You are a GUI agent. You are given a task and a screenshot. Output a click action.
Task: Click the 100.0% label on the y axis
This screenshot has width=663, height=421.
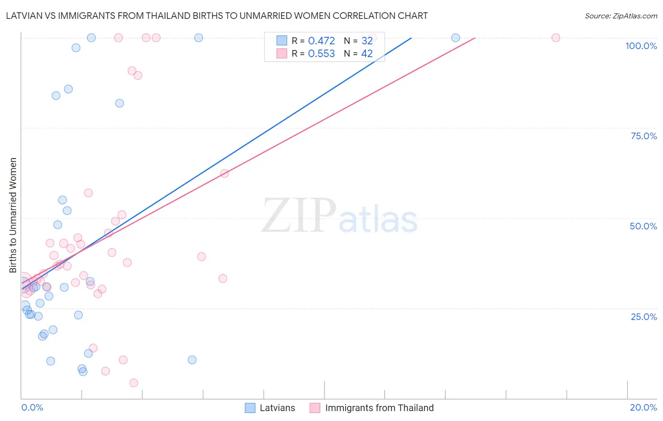point(641,46)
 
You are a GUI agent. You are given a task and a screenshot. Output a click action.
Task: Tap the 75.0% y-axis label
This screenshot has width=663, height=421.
point(644,136)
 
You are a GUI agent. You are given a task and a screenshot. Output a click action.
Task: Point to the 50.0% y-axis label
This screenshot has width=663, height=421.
point(643,226)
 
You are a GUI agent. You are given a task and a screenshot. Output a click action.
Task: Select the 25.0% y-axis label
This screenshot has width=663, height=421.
point(644,317)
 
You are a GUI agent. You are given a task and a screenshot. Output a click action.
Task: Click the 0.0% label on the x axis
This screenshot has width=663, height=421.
point(32,407)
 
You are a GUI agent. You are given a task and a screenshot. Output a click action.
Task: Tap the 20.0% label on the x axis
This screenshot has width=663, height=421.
point(643,407)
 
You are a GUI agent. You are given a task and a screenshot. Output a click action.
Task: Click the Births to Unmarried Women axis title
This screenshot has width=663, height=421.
point(13,215)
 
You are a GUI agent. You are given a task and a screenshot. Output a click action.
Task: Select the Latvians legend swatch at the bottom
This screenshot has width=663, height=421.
point(250,408)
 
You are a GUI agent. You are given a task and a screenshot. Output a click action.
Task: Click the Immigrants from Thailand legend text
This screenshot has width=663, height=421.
point(379,408)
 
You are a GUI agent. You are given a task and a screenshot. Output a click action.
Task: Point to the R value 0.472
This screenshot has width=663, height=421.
point(321,41)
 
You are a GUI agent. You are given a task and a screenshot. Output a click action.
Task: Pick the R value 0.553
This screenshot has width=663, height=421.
point(321,54)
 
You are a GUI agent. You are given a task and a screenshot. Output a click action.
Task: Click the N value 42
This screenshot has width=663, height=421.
point(367,54)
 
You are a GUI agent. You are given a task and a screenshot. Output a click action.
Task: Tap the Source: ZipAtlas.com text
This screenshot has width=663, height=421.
point(621,16)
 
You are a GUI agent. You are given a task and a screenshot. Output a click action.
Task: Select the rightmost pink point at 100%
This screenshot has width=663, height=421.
point(555,38)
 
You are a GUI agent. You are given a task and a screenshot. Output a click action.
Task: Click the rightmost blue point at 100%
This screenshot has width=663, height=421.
point(456,38)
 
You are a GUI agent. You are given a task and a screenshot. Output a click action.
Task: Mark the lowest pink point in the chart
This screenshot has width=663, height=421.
point(134,383)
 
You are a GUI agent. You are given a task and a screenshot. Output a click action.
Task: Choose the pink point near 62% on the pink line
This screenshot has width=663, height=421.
point(224,173)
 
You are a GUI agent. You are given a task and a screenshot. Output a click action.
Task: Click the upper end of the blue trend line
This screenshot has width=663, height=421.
point(411,38)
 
